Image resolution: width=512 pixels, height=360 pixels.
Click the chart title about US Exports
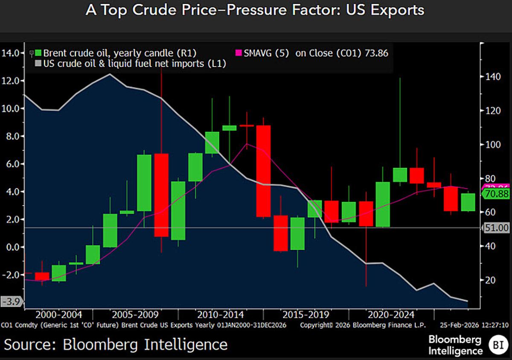[x=255, y=10]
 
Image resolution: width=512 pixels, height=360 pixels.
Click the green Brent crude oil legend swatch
[x=38, y=53]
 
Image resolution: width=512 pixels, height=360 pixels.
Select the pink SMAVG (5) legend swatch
[x=239, y=53]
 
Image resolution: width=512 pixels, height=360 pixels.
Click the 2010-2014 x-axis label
[x=220, y=315]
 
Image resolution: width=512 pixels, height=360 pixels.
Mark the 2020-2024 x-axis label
[x=391, y=315]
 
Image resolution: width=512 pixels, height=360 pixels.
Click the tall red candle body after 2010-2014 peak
[x=263, y=171]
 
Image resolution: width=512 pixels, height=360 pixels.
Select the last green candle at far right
[x=468, y=202]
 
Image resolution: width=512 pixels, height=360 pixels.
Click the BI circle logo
[x=496, y=345]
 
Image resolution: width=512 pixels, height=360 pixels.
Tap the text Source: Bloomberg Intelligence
[x=116, y=344]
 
